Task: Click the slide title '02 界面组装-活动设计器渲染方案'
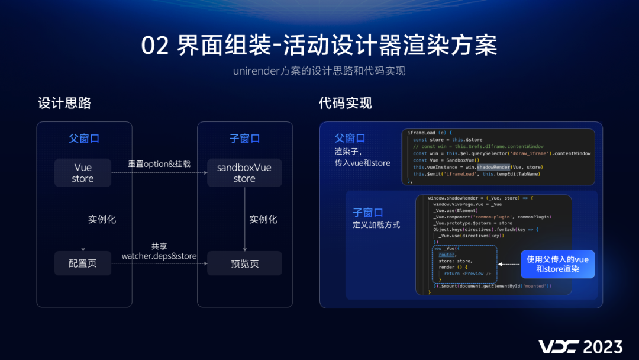coord(319,46)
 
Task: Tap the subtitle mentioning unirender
coord(319,71)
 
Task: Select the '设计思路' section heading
coord(64,103)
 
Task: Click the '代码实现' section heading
coord(346,103)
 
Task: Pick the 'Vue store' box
coord(83,173)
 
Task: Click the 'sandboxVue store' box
coord(244,173)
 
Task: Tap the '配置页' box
coord(83,263)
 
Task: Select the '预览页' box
coord(244,263)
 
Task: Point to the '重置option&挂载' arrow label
coord(159,163)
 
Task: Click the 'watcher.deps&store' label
coord(159,256)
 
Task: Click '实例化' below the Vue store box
coord(102,219)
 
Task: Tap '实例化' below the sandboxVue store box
coord(263,219)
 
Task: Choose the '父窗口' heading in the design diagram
coord(83,139)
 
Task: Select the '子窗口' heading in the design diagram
coord(244,139)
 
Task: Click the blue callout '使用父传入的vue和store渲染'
coord(557,264)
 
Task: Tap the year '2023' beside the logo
coord(602,346)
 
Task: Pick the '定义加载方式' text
coord(376,225)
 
